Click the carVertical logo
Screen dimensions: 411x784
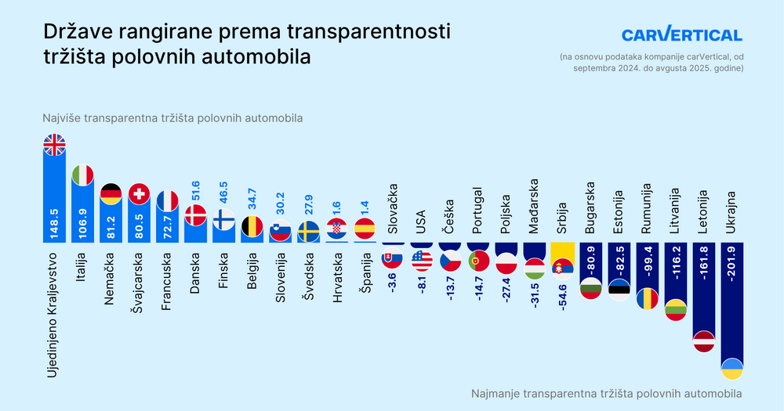[681, 35]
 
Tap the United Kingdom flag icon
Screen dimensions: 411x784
[55, 146]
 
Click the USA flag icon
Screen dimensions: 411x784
[421, 259]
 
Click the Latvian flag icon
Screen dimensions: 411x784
[704, 341]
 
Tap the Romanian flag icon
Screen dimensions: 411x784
[648, 298]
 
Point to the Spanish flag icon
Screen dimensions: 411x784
[365, 228]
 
